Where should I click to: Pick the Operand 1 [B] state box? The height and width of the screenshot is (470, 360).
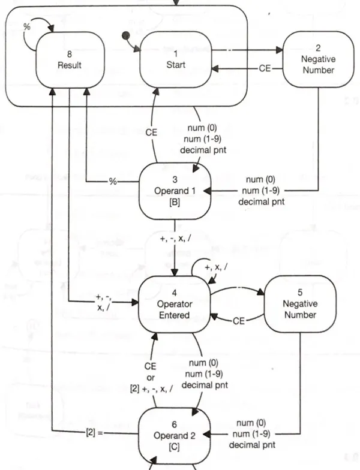(x=173, y=192)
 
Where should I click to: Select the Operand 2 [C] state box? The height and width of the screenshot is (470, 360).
(x=173, y=430)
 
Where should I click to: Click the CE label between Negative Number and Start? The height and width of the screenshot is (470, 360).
(x=265, y=69)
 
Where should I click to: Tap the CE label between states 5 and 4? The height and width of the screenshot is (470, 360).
(x=239, y=321)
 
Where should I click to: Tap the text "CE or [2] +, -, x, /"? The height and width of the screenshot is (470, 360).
(x=151, y=376)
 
